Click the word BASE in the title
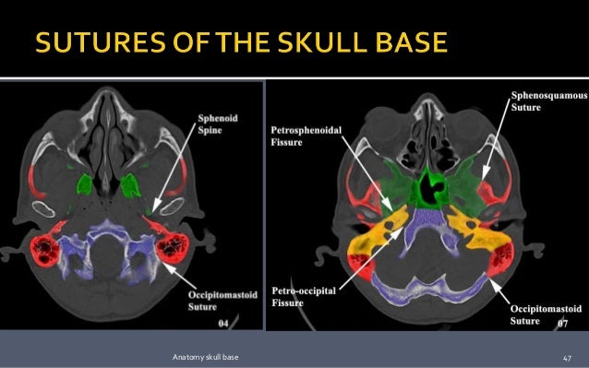pos(408,43)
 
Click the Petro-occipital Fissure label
pos(306,294)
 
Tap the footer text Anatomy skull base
pos(202,357)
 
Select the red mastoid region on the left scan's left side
pos(44,249)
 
